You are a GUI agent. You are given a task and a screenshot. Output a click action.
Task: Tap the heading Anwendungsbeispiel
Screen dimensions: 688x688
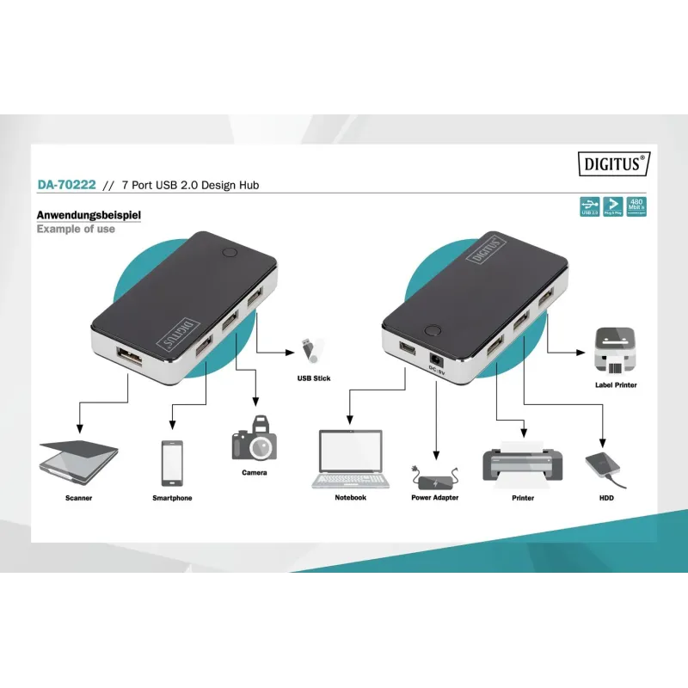point(89,215)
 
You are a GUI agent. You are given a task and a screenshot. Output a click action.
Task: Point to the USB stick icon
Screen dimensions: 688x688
point(309,349)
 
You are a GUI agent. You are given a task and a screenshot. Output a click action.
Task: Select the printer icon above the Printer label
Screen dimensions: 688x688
point(523,461)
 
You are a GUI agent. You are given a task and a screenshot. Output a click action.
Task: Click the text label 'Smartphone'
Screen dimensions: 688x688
point(172,498)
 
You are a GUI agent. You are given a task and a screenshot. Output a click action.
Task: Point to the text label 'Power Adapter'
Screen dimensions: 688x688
point(434,498)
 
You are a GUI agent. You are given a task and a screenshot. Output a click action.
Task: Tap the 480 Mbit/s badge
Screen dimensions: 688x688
point(638,206)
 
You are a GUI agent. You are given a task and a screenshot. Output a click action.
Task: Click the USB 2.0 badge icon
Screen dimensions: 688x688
point(589,206)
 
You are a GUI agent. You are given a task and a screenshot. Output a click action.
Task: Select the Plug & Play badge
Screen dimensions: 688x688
point(613,206)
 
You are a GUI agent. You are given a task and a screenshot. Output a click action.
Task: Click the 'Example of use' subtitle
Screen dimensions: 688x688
point(76,230)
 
